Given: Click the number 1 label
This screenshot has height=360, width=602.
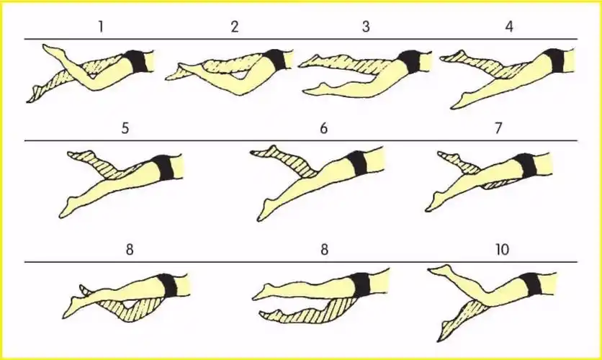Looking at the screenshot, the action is [x=101, y=27].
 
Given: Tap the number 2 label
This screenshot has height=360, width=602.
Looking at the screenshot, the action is [x=235, y=27].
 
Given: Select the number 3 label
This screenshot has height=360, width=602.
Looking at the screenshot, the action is [x=366, y=27].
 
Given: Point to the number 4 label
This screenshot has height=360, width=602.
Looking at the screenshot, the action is [x=509, y=27].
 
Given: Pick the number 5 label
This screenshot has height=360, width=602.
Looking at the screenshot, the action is [x=125, y=128].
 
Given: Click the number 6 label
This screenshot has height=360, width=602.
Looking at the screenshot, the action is [x=323, y=128].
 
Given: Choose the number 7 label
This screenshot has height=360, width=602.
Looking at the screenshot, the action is [x=498, y=128].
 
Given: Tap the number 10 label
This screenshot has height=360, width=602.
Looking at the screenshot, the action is [x=502, y=250].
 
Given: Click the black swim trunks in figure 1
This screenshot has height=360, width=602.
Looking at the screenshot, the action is [x=138, y=61].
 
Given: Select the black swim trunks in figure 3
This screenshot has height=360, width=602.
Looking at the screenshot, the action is [x=410, y=61].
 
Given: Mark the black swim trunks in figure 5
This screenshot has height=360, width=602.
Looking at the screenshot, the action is [x=164, y=167].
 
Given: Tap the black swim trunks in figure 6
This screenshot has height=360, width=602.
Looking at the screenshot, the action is [x=357, y=163].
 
